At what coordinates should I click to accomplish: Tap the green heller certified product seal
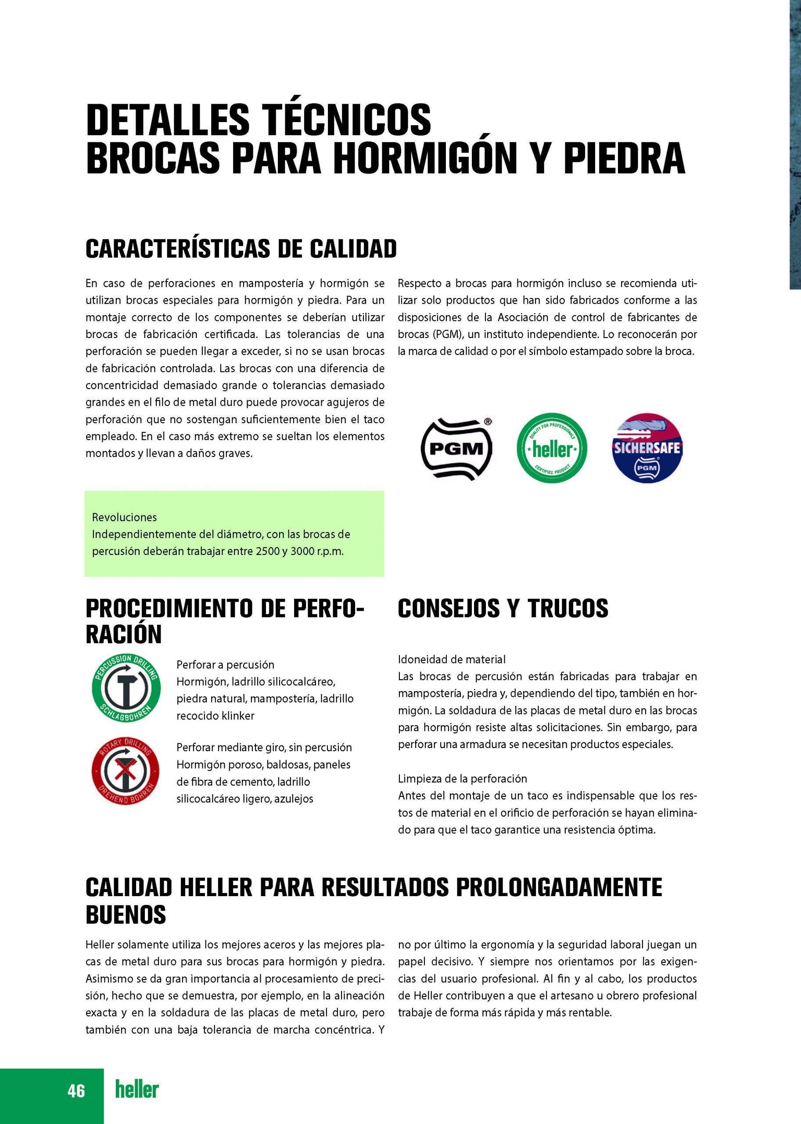551,448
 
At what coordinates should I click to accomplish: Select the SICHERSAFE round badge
647,448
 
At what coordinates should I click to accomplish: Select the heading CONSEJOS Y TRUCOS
503,609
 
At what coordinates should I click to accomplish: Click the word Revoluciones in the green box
124,517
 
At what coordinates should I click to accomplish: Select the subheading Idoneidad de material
451,659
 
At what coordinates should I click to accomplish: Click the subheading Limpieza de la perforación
462,778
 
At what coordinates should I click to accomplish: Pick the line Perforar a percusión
225,665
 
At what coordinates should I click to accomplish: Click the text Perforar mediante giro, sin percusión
264,748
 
